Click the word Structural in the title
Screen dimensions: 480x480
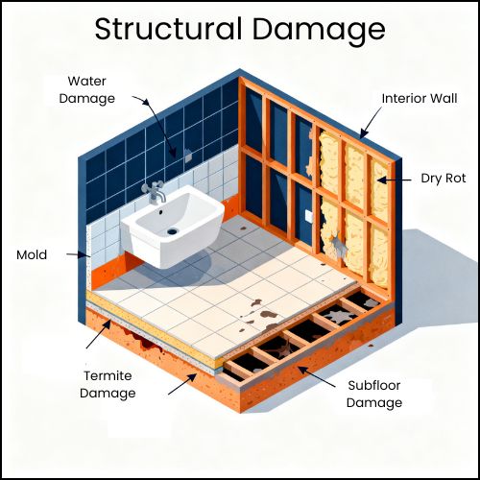pos(168,29)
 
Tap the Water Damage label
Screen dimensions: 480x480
pos(87,90)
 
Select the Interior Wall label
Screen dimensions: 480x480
pos(420,98)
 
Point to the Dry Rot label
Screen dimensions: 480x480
pos(444,179)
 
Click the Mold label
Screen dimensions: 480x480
pos(32,254)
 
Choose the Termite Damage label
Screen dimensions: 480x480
pos(108,384)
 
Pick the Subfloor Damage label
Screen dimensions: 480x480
pos(374,394)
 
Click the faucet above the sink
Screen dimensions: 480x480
pos(154,192)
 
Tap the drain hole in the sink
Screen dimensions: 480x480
pos(172,230)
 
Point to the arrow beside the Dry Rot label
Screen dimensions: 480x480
pos(395,180)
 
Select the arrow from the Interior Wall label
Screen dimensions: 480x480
pos(371,122)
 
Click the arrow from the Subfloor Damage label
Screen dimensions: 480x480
pos(317,377)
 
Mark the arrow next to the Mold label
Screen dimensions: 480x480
pos(78,255)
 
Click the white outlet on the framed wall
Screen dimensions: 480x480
pos(309,216)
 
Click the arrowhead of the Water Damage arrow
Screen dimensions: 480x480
pos(146,102)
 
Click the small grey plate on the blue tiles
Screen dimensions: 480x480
pos(188,156)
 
